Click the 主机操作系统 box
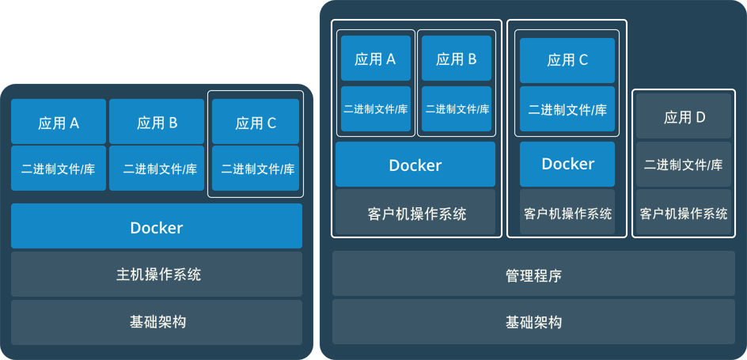pyautogui.click(x=157, y=275)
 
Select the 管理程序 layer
pyautogui.click(x=533, y=276)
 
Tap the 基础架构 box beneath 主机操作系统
pyautogui.click(x=157, y=322)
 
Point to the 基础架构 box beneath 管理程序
pyautogui.click(x=533, y=322)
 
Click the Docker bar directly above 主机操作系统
pyautogui.click(x=157, y=227)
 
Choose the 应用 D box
pyautogui.click(x=684, y=117)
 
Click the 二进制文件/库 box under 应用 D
pyautogui.click(x=684, y=165)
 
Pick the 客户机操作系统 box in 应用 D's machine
pyautogui.click(x=684, y=213)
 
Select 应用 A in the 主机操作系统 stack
pyautogui.click(x=59, y=123)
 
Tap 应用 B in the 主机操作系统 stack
pyautogui.click(x=157, y=123)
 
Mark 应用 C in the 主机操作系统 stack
pyautogui.click(x=256, y=123)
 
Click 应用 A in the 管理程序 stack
pyautogui.click(x=376, y=59)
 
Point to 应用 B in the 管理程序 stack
pyautogui.click(x=456, y=59)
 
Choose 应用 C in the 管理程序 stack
pyautogui.click(x=567, y=59)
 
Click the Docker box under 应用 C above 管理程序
pyautogui.click(x=567, y=164)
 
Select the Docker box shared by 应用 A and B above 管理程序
pyautogui.click(x=415, y=165)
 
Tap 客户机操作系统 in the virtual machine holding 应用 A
pyautogui.click(x=415, y=213)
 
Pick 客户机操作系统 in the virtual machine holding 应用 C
pyautogui.click(x=567, y=213)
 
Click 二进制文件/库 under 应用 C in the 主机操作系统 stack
pyautogui.click(x=256, y=169)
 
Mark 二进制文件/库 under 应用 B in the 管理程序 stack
pyautogui.click(x=456, y=109)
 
